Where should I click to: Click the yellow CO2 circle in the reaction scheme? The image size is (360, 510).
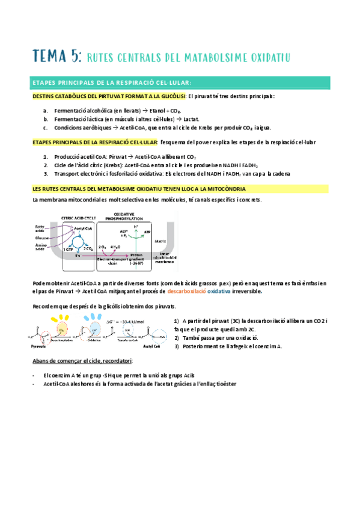[x=60, y=330]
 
